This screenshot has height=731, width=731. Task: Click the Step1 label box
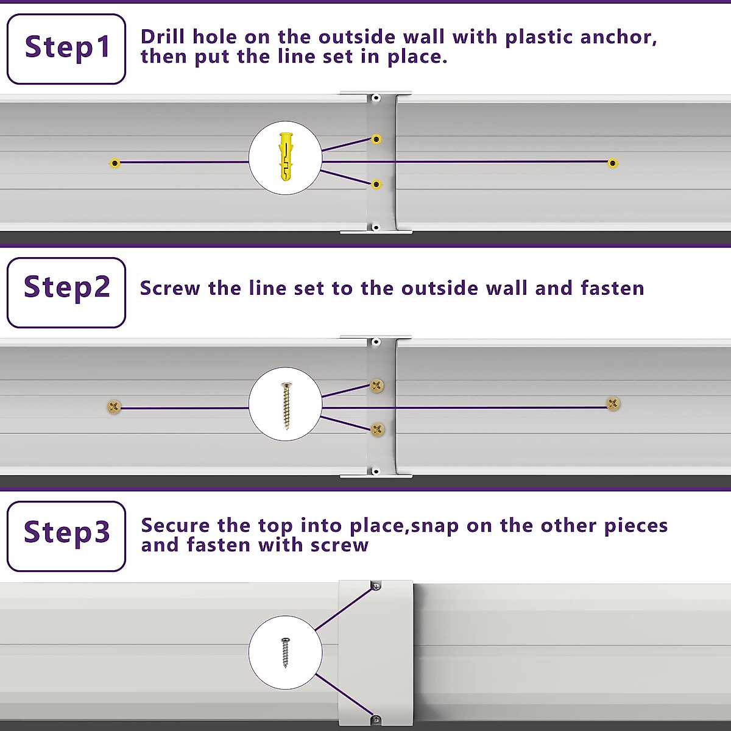66,49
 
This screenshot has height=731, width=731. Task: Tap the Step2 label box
66,292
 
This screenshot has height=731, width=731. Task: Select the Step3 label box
66,536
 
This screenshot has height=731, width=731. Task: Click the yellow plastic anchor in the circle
285,157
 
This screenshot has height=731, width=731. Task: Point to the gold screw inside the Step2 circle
286,404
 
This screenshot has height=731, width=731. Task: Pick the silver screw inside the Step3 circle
285,652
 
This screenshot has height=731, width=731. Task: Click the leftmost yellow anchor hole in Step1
115,163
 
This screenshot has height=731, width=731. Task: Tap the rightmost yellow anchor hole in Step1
613,163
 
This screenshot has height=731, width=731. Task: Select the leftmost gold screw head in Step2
114,407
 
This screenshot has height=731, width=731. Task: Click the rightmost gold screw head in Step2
613,403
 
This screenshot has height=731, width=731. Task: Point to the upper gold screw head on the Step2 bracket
377,385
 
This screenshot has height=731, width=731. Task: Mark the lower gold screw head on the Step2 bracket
378,429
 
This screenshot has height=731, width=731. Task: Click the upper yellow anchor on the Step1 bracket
376,139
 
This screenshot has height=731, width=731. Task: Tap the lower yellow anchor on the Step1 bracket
376,184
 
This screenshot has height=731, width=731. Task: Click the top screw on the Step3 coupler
376,586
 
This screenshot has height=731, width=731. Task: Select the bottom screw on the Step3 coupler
376,719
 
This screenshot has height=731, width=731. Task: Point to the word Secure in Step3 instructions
175,525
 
